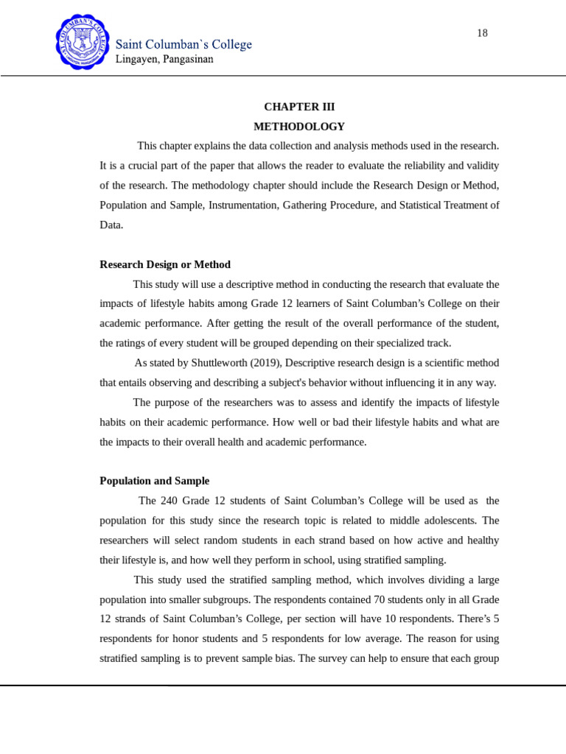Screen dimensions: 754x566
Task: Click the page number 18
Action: pos(482,33)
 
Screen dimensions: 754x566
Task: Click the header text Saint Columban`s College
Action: pos(184,45)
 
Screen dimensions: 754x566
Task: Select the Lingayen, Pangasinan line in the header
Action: pos(164,60)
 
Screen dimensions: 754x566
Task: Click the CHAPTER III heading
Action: pos(299,107)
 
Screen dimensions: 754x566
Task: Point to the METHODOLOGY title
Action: pos(299,127)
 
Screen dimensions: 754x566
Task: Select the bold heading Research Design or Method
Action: pos(165,264)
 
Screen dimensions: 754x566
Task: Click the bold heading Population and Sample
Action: pos(155,481)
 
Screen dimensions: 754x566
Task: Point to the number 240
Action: pos(170,501)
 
